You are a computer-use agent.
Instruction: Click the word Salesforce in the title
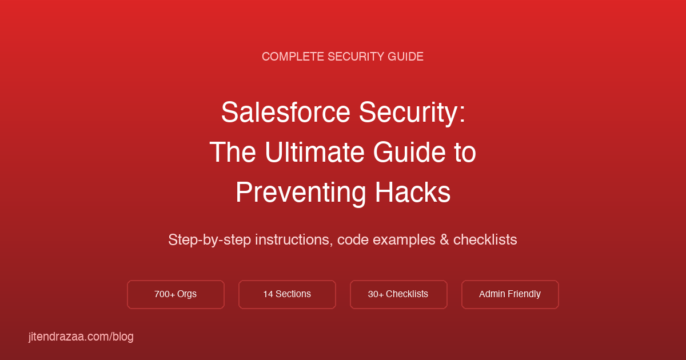(x=285, y=113)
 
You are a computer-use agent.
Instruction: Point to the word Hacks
(x=413, y=193)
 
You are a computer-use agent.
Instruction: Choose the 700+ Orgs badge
(x=176, y=294)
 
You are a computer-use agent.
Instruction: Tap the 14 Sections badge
(x=287, y=294)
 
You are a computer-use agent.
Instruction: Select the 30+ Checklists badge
(x=398, y=294)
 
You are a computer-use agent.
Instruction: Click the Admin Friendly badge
(x=510, y=294)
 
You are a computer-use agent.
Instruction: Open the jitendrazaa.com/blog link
(x=81, y=337)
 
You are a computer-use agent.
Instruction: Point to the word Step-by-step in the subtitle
(x=209, y=240)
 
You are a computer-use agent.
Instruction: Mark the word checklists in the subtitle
(x=485, y=240)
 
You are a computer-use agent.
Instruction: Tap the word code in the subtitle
(x=353, y=240)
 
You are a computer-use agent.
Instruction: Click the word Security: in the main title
(x=412, y=113)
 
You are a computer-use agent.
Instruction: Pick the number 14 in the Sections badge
(x=268, y=294)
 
